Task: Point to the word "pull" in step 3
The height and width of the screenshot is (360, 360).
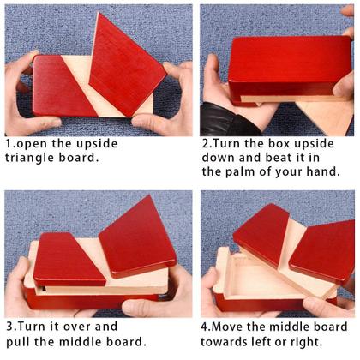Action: [17, 341]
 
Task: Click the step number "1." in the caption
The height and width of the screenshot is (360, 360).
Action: [11, 144]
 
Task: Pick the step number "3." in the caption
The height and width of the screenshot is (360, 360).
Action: [12, 327]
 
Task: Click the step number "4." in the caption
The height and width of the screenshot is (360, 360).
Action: [206, 327]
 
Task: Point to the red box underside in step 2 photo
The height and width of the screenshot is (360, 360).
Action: [290, 66]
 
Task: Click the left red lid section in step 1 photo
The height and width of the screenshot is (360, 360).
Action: [63, 86]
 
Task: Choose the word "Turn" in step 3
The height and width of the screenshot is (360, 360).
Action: [33, 327]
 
